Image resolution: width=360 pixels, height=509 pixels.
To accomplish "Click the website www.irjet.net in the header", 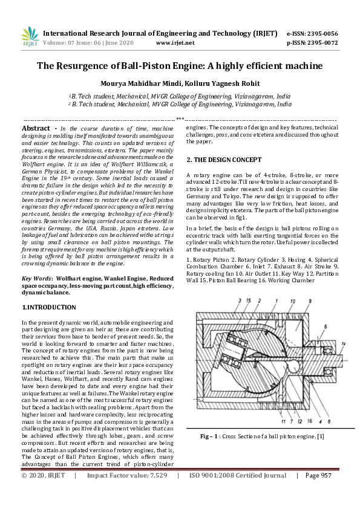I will (175, 43).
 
